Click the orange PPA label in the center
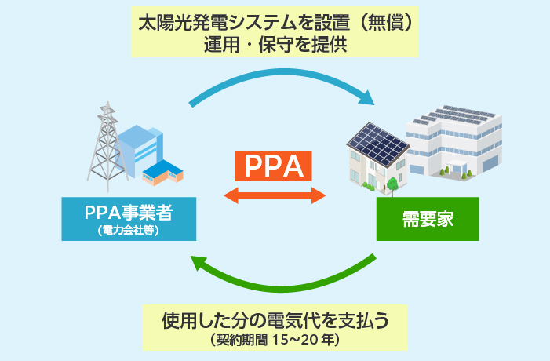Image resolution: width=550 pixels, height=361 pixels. (x=274, y=166)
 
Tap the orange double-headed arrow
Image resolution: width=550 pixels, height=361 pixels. (x=275, y=194)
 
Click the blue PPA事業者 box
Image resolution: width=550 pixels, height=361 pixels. (x=129, y=218)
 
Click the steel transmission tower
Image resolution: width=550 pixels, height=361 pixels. (x=102, y=145)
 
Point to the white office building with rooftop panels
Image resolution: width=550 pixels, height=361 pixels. (x=459, y=141)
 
